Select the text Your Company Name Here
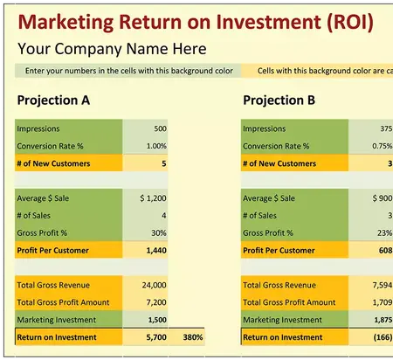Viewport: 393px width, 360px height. [112, 49]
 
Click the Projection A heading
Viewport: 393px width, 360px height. [53, 100]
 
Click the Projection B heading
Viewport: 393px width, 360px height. [279, 100]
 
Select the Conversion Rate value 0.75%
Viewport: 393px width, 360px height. [381, 146]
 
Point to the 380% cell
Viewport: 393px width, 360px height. [192, 336]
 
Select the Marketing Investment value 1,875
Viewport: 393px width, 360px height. [382, 319]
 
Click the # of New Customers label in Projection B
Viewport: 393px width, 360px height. [279, 163]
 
